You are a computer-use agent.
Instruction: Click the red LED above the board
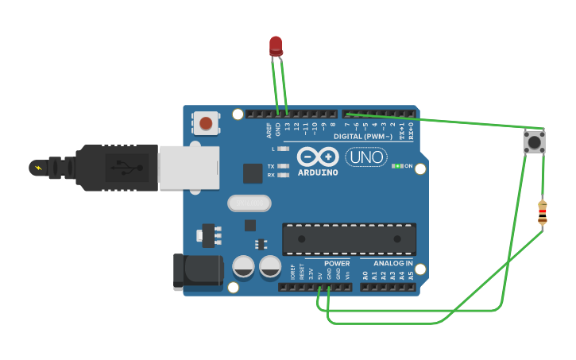(x=276, y=45)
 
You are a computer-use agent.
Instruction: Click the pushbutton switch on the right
(x=534, y=142)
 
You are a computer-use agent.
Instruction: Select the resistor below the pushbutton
(x=543, y=213)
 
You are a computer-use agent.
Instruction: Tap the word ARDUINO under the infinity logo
(x=318, y=172)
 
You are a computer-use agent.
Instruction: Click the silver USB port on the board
(x=190, y=168)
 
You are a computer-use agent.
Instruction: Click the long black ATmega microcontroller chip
(x=349, y=238)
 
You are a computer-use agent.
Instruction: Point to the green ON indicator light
(x=397, y=166)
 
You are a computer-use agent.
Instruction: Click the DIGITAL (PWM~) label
(x=364, y=137)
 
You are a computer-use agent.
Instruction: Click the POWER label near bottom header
(x=337, y=263)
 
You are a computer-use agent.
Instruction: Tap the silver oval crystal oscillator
(x=249, y=203)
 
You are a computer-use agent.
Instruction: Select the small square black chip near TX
(x=253, y=173)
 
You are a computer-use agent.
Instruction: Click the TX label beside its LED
(x=271, y=166)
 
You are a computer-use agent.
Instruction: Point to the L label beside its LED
(x=273, y=149)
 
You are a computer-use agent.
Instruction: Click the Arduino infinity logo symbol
(x=318, y=155)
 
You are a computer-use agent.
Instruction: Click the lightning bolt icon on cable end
(x=37, y=168)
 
